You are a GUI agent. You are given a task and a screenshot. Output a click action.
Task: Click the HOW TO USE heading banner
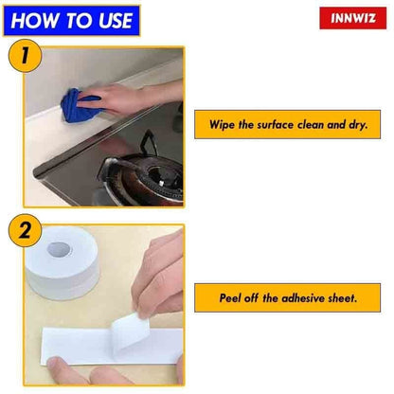pyautogui.click(x=71, y=20)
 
